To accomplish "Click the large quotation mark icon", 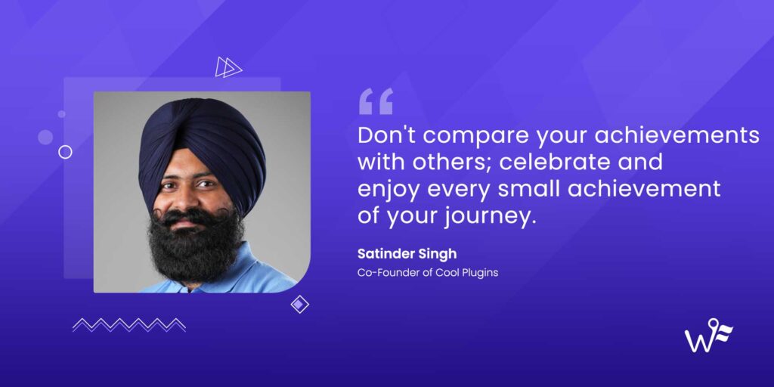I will (376, 101).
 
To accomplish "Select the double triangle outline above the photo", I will (228, 67).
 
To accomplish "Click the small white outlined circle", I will (65, 152).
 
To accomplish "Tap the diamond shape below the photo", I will (300, 304).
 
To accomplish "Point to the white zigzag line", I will (129, 324).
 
